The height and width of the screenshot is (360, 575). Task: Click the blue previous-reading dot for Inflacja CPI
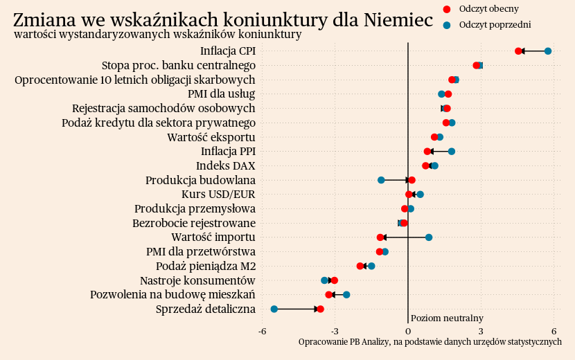(548, 51)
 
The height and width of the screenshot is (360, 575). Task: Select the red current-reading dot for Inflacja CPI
(518, 51)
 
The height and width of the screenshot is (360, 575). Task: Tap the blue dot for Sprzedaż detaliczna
(274, 309)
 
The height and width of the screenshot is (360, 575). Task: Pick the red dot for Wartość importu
(380, 237)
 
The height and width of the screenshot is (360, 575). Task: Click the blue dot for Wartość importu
(429, 237)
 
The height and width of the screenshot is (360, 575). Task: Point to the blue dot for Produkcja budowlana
(381, 180)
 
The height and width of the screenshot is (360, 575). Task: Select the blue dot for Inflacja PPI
(452, 151)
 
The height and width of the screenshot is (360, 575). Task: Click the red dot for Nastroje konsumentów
(335, 280)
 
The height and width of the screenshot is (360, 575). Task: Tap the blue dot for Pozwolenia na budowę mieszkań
(346, 295)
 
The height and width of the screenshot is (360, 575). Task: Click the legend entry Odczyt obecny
(488, 9)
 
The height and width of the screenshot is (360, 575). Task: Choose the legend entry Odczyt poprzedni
(495, 25)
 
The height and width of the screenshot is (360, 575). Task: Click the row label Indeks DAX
(225, 165)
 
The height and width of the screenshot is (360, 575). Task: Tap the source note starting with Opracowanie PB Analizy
(430, 342)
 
